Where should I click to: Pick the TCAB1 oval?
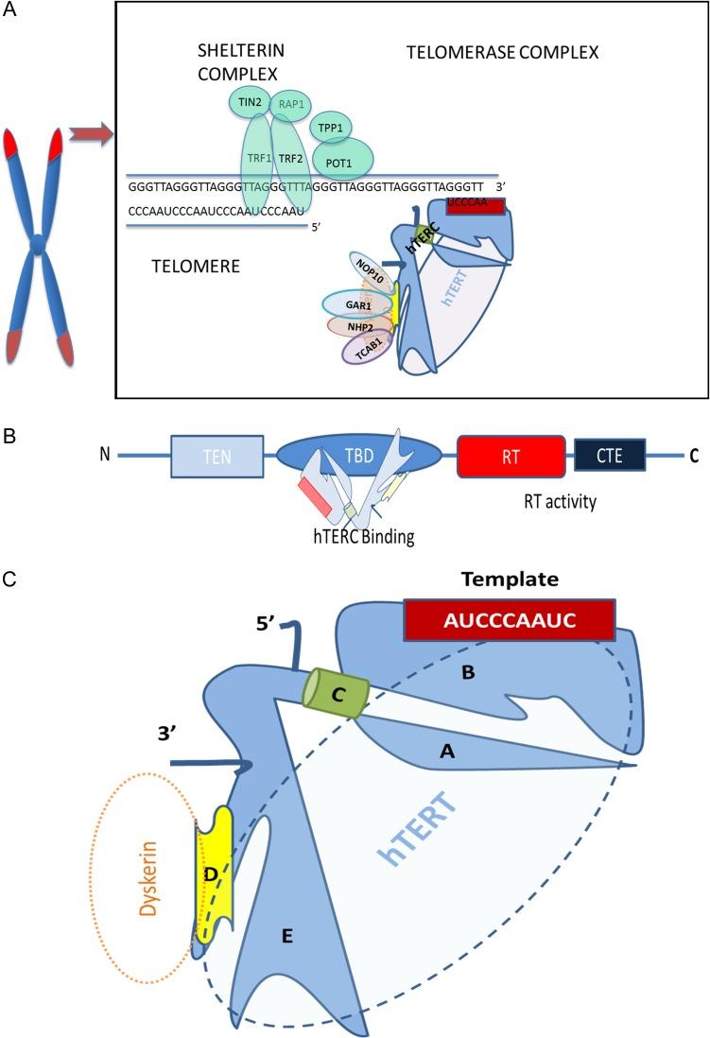(x=363, y=348)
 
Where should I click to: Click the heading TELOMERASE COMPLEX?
(x=502, y=53)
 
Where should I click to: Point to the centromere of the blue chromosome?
(x=36, y=245)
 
